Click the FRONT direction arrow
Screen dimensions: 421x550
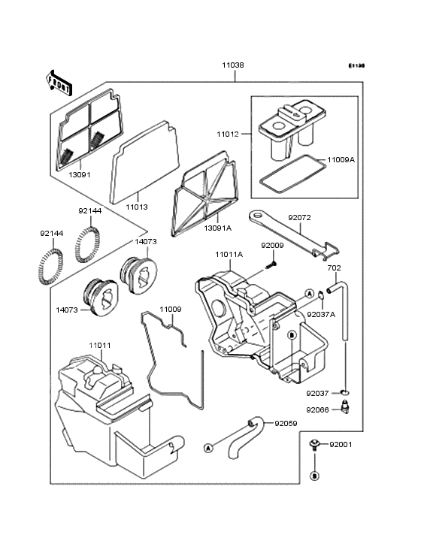point(59,83)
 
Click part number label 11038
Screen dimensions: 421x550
point(233,65)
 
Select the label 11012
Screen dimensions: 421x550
point(228,134)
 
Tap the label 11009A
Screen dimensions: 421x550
point(341,160)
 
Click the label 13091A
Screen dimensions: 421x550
point(218,228)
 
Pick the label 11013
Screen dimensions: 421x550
point(137,207)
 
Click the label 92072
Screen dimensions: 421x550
point(300,217)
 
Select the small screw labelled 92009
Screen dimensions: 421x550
point(271,264)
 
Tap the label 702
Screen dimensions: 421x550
point(334,268)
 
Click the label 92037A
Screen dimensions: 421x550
point(321,314)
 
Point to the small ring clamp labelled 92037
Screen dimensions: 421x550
point(345,392)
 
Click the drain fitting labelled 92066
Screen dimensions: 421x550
point(346,407)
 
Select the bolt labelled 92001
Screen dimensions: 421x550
point(314,444)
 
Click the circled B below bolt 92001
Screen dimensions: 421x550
point(315,476)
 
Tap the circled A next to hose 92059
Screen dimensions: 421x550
point(208,448)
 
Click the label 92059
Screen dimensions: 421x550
point(286,423)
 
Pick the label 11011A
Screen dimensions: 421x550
point(229,255)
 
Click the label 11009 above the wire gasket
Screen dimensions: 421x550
point(171,310)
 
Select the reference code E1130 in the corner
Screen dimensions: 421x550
point(356,65)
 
